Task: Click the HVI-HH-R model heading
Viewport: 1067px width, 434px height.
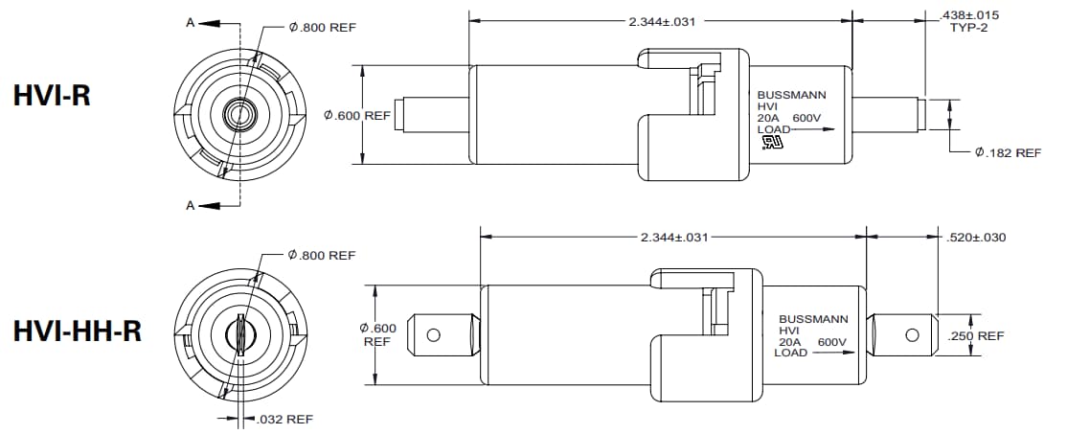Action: pyautogui.click(x=78, y=331)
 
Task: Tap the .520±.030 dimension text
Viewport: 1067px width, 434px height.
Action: pyautogui.click(x=975, y=237)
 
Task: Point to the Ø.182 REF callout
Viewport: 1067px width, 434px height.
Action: pyautogui.click(x=1007, y=152)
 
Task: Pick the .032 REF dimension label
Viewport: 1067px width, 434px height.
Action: pyautogui.click(x=285, y=419)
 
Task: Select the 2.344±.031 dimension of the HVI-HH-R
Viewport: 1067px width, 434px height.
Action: pyautogui.click(x=673, y=237)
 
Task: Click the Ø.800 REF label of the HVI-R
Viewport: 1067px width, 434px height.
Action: pyautogui.click(x=322, y=28)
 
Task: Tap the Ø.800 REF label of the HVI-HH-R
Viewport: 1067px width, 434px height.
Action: pyautogui.click(x=321, y=255)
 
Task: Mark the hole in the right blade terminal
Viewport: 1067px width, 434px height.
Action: pyautogui.click(x=912, y=334)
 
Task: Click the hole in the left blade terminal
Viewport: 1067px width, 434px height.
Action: pyautogui.click(x=433, y=335)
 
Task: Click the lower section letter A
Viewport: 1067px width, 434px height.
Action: pyautogui.click(x=191, y=205)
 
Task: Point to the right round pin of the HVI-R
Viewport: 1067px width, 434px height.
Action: pyautogui.click(x=886, y=115)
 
